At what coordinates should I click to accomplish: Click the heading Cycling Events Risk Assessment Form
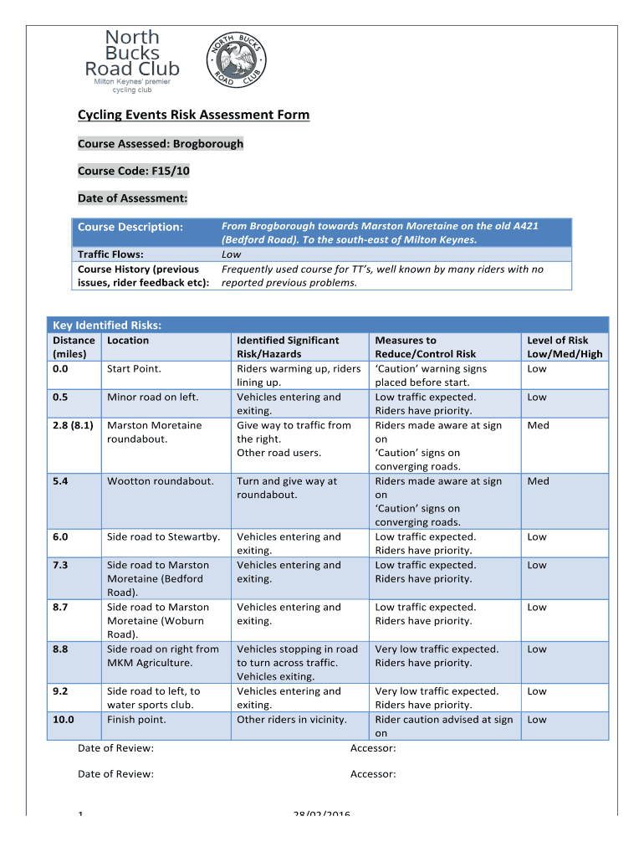[x=193, y=115]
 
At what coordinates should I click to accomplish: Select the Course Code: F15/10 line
[x=134, y=171]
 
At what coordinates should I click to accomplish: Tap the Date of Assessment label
[x=132, y=198]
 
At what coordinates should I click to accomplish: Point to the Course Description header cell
[x=130, y=227]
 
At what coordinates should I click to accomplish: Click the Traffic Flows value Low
[x=232, y=254]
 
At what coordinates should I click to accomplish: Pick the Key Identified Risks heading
[x=107, y=325]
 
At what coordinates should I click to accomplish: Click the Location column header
[x=128, y=341]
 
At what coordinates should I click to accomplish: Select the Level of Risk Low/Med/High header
[x=565, y=346]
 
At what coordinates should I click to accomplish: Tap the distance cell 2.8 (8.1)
[x=74, y=425]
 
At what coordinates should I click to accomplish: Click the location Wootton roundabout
[x=160, y=481]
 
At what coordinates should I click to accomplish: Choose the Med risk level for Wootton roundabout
[x=538, y=481]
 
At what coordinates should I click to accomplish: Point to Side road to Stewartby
[x=163, y=537]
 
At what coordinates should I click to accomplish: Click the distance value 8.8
[x=60, y=649]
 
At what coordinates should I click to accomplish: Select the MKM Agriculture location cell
[x=163, y=656]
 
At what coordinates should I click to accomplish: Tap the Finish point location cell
[x=136, y=720]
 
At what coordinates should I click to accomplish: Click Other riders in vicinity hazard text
[x=291, y=720]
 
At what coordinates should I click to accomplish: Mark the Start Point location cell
[x=134, y=369]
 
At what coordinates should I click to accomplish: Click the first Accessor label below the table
[x=373, y=748]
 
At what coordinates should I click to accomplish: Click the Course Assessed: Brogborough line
[x=161, y=144]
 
